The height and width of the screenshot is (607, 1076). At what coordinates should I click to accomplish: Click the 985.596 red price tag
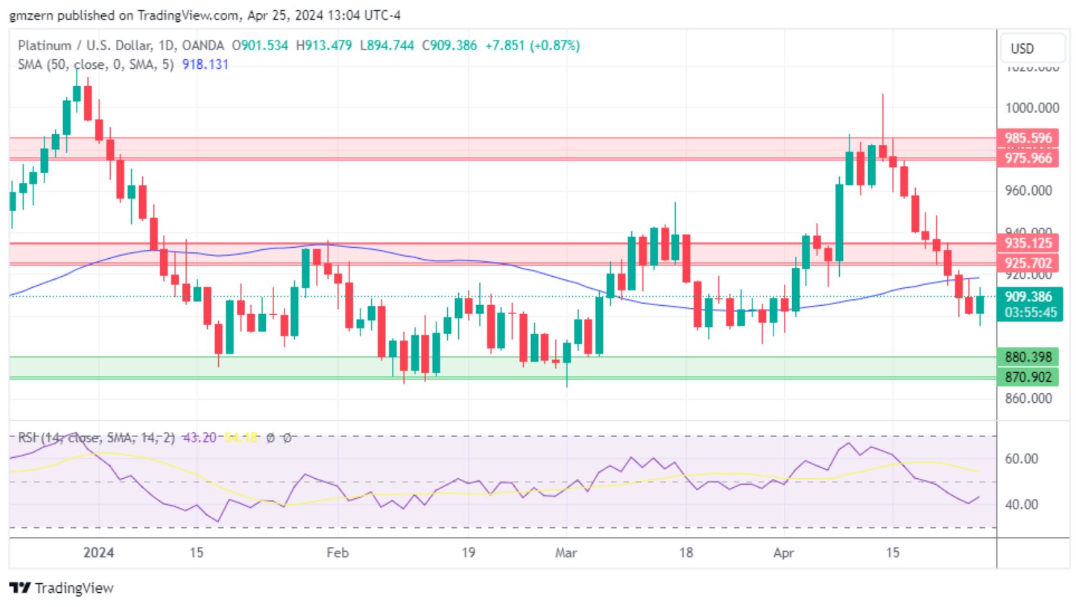coord(1028,138)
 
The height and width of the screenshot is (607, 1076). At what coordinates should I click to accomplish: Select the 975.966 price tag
coord(1028,158)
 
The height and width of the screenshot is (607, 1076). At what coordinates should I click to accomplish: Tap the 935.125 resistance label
coord(1028,243)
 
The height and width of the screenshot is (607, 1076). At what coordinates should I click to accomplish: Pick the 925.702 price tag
coord(1028,263)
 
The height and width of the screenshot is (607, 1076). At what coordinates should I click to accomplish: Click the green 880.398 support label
coord(1028,357)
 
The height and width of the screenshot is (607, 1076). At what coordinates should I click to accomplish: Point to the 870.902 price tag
coord(1028,377)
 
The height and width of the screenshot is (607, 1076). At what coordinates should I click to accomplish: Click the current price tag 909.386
coord(1028,297)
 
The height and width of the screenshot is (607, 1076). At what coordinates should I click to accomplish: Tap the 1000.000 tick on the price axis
coord(1032,108)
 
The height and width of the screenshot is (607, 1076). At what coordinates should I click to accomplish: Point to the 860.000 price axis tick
coord(1028,398)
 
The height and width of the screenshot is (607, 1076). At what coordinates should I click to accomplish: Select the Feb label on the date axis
coord(337,553)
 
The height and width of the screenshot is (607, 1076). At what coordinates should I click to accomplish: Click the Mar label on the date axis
coord(566,553)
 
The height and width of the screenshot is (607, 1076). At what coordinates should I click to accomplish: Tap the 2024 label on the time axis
coord(98,553)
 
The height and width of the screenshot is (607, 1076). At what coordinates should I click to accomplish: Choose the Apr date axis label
coord(783,553)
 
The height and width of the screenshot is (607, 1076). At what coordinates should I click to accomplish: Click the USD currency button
coord(1022,49)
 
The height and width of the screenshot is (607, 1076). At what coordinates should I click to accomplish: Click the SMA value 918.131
coord(205,64)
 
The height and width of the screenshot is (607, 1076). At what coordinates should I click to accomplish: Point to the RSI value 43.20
coord(199,438)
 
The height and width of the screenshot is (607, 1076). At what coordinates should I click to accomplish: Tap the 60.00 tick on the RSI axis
coord(1021,459)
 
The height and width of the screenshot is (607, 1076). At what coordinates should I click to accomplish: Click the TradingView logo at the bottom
coord(62,588)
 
